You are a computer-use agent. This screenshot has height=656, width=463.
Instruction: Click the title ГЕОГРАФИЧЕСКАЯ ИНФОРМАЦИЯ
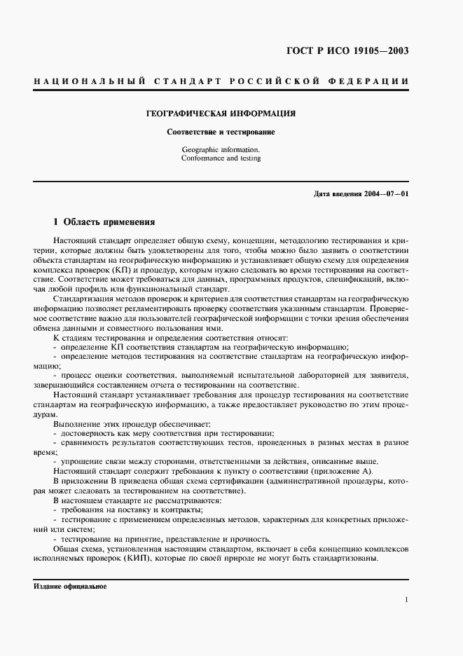(220, 113)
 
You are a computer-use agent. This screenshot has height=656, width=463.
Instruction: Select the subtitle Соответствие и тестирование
(220, 132)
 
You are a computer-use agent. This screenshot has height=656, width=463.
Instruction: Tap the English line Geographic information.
(220, 149)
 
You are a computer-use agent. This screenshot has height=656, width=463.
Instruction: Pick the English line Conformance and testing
(220, 158)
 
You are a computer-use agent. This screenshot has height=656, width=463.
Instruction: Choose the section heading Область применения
(109, 222)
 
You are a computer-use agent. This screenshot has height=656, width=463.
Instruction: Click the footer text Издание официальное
(69, 586)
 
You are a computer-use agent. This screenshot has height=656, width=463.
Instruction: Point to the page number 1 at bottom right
(406, 600)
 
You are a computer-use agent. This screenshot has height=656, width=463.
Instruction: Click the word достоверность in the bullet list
(87, 433)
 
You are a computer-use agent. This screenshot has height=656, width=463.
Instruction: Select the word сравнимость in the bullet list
(83, 443)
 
